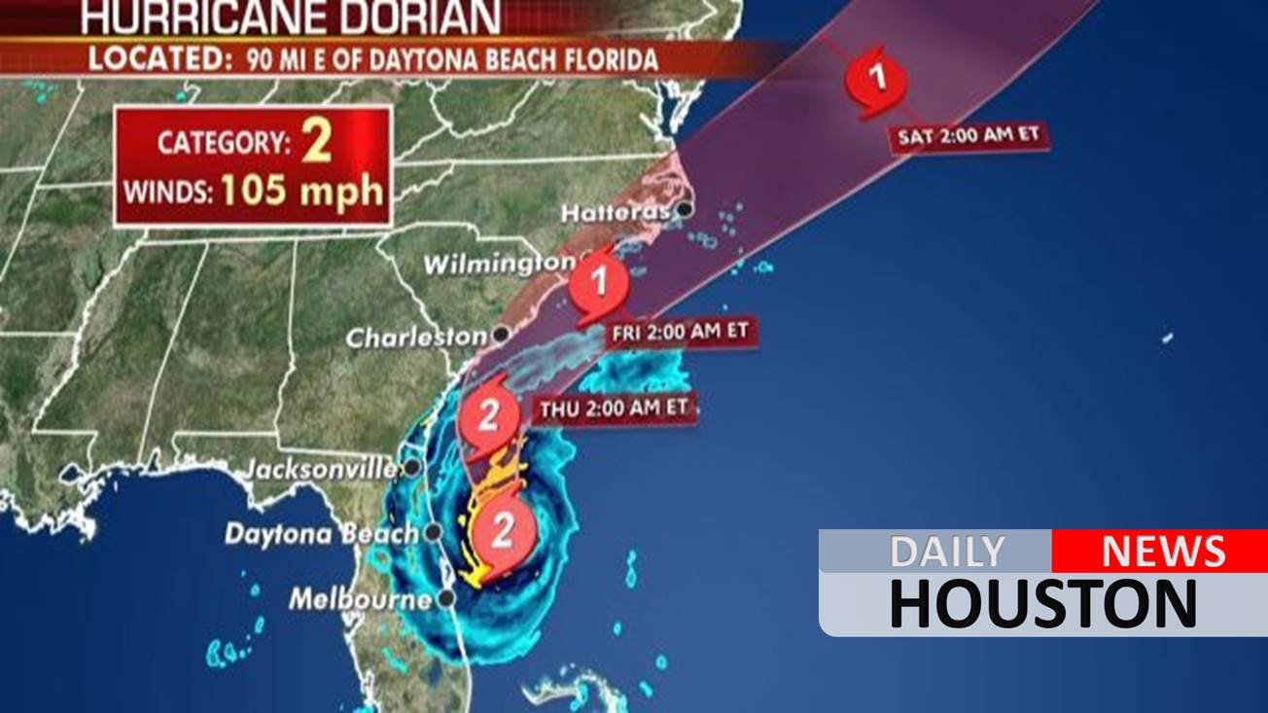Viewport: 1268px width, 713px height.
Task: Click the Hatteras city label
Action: point(616,211)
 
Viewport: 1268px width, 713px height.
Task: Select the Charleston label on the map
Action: point(416,338)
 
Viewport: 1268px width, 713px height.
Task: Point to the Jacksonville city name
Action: point(319,469)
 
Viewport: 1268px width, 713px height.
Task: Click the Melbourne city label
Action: point(359,598)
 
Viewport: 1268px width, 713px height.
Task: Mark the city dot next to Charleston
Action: point(501,334)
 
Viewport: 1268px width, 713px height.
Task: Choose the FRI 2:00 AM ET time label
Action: point(681,332)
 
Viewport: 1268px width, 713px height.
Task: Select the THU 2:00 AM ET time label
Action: point(614,409)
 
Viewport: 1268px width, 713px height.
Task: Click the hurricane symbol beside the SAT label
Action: point(877,79)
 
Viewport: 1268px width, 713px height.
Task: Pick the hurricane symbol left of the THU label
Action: point(488,416)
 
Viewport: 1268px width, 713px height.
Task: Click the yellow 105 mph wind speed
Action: point(301,189)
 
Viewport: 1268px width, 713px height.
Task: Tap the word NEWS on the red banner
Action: point(1162,552)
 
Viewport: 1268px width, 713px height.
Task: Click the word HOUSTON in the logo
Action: point(1042,603)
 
